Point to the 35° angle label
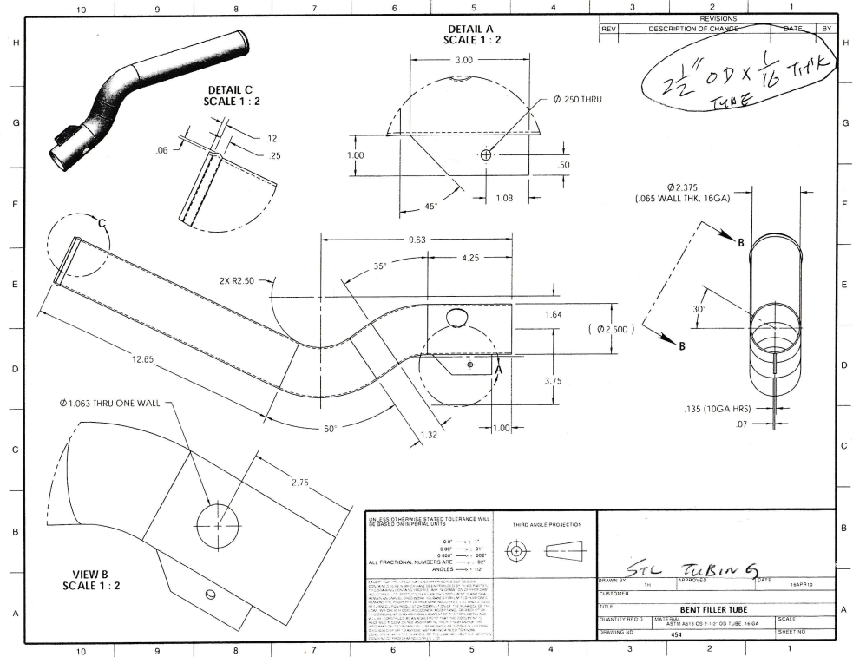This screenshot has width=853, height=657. click(378, 267)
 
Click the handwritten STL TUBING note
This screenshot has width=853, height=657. click(699, 568)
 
